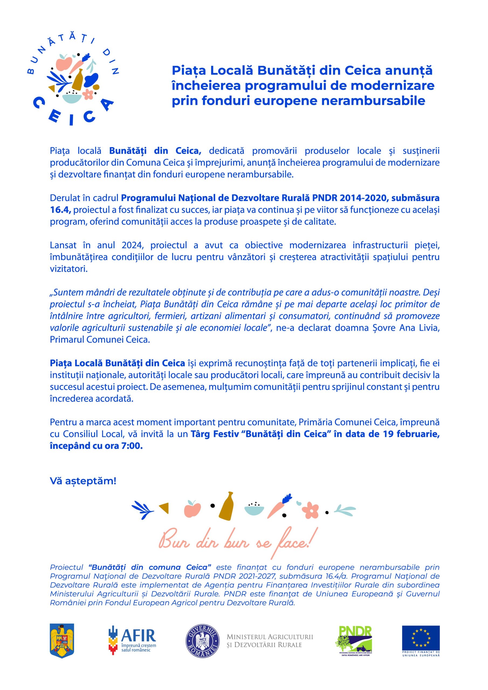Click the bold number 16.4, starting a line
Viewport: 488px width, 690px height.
pos(60,210)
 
